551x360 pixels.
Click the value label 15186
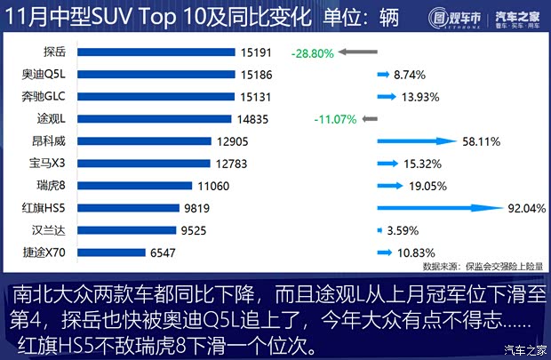coord(256,75)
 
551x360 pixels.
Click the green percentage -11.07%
coord(335,119)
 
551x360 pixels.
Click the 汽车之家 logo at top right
coord(519,17)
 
